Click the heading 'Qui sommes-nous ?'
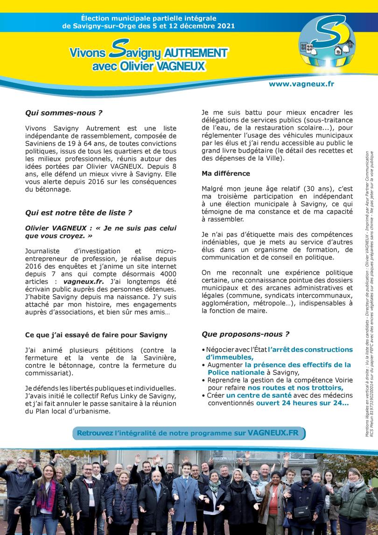(64, 113)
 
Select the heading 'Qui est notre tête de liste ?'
(78, 213)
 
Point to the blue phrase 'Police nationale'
(236, 372)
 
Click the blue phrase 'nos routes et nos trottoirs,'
(295, 387)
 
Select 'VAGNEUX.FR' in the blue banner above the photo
(273, 433)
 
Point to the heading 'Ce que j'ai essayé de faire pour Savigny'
(96, 322)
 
